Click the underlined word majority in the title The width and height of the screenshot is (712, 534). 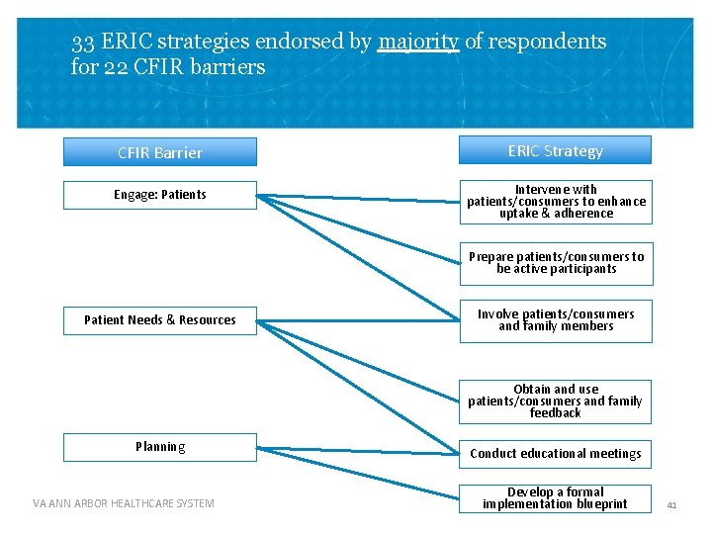(417, 43)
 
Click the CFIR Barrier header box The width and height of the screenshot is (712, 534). (159, 152)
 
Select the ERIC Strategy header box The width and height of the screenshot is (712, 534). (555, 150)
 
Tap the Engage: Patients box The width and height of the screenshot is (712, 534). (159, 195)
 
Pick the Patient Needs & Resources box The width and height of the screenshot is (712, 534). (159, 319)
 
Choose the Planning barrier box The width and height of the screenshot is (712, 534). (159, 447)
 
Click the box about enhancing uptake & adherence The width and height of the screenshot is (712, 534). (555, 202)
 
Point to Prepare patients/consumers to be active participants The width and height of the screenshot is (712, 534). (555, 262)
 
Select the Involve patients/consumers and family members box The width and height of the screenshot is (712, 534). (555, 320)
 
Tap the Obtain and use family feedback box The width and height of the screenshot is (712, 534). (555, 401)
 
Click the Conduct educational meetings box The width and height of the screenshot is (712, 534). (555, 454)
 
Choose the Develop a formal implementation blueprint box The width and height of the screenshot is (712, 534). (555, 498)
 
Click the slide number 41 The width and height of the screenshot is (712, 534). (671, 504)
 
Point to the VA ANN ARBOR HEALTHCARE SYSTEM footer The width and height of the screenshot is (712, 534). (123, 503)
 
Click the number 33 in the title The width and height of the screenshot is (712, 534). (83, 43)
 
